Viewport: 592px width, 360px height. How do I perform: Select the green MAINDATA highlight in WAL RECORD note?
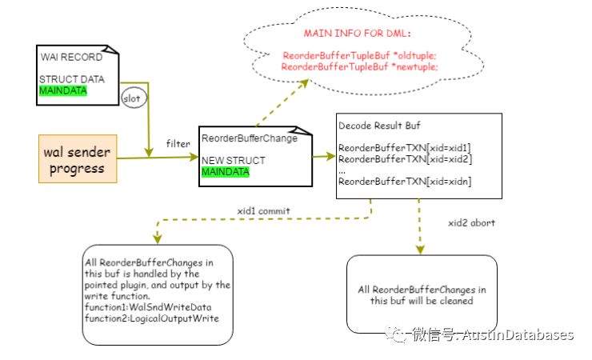point(63,91)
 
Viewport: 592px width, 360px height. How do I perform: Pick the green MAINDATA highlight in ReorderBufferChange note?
point(225,172)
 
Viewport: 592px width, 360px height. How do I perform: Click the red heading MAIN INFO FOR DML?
point(358,34)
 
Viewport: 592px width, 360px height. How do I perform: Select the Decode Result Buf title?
point(380,126)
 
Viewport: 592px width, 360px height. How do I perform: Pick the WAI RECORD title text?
point(73,58)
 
